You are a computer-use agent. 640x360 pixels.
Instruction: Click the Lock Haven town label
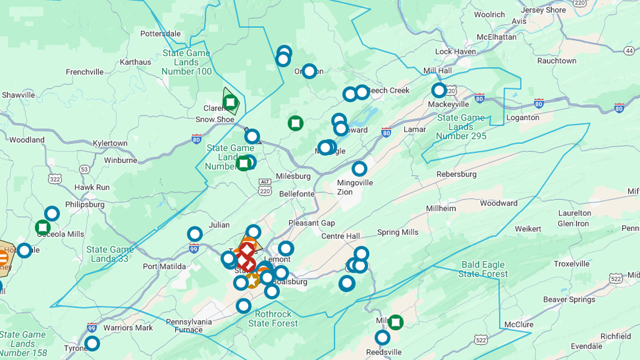coord(455,52)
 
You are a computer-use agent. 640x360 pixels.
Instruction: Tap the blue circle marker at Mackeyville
coord(439,90)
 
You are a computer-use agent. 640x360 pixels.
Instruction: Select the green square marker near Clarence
coord(230,102)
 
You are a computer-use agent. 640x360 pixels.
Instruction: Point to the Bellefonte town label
coord(296,194)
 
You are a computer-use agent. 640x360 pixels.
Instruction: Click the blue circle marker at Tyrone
coord(92,343)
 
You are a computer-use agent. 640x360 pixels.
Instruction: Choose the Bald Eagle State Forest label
coord(483,269)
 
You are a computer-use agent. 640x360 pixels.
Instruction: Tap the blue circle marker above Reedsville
coord(382,338)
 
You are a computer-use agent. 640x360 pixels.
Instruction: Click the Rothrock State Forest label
coord(273,318)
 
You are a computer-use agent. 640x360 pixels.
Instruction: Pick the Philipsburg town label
coord(85,204)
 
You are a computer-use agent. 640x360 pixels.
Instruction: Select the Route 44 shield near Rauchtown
coord(629,51)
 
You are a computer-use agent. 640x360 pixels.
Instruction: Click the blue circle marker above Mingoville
coord(359,168)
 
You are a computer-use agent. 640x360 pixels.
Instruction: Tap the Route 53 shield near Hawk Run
coord(84,168)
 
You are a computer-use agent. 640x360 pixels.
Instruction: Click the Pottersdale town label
coord(160,34)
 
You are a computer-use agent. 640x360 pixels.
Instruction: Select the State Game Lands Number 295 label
coord(461,127)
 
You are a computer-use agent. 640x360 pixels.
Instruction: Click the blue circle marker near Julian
coord(195,234)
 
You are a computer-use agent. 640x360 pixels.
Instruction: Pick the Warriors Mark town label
coord(128,328)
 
